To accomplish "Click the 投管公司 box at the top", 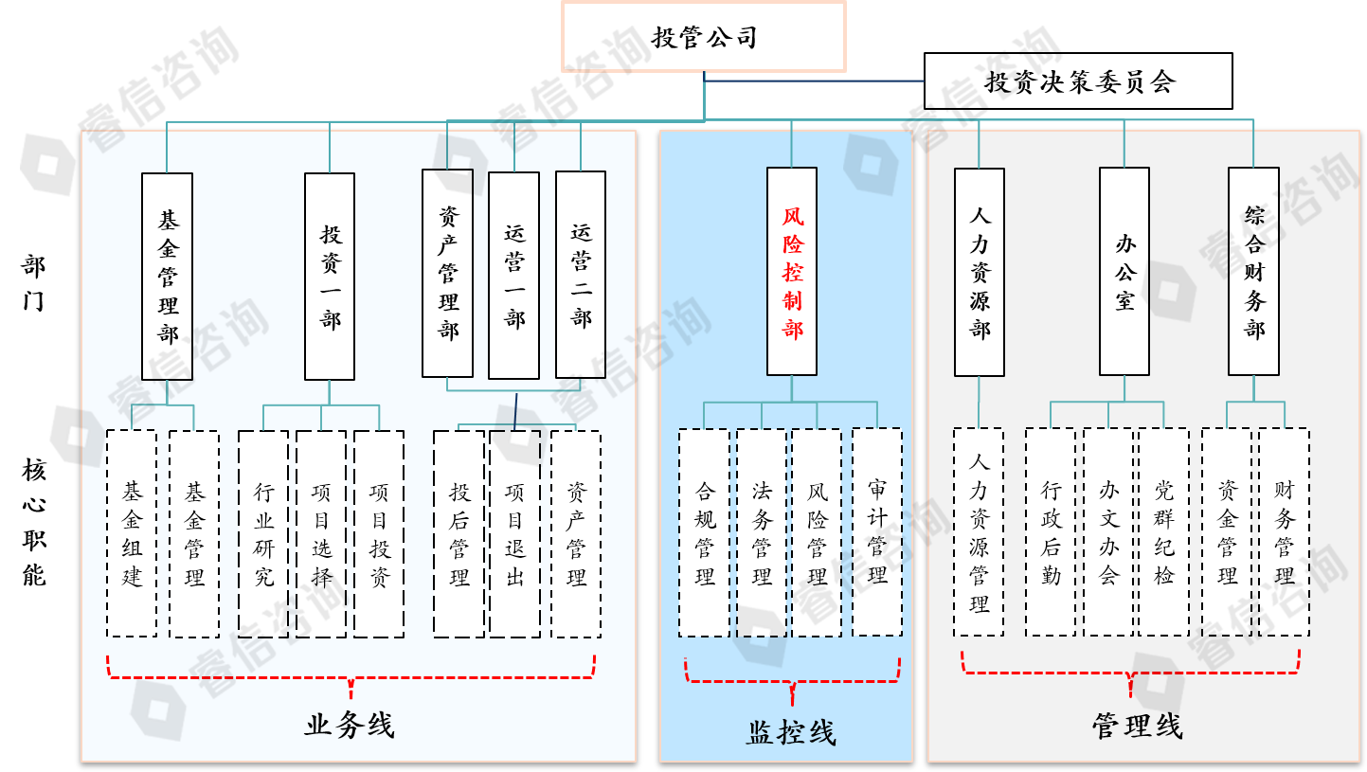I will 704,37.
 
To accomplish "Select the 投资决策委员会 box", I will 1078,81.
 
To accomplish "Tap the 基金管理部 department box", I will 168,277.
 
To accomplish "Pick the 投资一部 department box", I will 330,277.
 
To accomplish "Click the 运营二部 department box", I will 581,275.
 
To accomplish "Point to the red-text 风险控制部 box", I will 792,273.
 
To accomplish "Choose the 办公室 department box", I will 1124,272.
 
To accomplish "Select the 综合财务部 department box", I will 1253,272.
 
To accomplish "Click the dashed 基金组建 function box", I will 132,533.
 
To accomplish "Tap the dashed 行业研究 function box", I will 263,533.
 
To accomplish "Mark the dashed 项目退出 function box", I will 515,533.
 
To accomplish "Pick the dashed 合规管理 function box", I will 704,532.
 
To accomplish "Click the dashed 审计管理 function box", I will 877,532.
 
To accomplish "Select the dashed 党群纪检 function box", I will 1163,532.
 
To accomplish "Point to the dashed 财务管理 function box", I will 1285,532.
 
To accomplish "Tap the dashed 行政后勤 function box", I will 1051,532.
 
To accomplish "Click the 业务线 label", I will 350,726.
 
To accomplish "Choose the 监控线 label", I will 791,732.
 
